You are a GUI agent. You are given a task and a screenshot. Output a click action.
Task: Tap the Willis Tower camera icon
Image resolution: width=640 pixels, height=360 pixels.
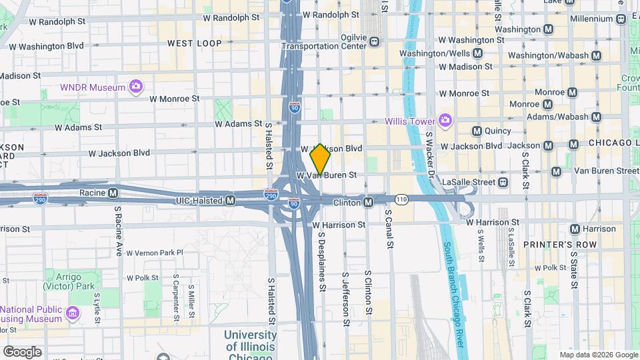[445, 121]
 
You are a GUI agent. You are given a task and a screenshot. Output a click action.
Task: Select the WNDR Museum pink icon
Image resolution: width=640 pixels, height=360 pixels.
[136, 86]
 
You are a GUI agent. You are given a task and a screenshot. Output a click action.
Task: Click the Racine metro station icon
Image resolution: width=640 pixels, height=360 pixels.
[113, 193]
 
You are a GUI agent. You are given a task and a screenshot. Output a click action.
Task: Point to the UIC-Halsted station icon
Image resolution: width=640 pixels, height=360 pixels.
[230, 200]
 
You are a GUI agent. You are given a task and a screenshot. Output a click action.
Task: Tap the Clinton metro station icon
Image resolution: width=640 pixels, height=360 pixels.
[369, 202]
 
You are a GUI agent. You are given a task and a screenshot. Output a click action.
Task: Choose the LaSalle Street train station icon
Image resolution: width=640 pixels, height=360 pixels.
[503, 182]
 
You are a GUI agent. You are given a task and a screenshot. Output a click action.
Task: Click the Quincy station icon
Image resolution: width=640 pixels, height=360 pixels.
[477, 131]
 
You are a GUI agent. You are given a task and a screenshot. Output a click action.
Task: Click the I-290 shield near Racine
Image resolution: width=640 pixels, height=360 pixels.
[40, 198]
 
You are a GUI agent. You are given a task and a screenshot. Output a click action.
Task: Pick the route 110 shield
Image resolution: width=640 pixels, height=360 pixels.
[401, 199]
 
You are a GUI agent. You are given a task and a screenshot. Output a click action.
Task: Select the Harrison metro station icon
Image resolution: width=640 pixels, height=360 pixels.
[574, 229]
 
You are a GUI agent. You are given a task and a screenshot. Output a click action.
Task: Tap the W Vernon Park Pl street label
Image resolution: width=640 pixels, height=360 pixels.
[154, 253]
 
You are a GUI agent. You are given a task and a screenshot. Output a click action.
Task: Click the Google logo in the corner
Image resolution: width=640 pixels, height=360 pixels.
[22, 351]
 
